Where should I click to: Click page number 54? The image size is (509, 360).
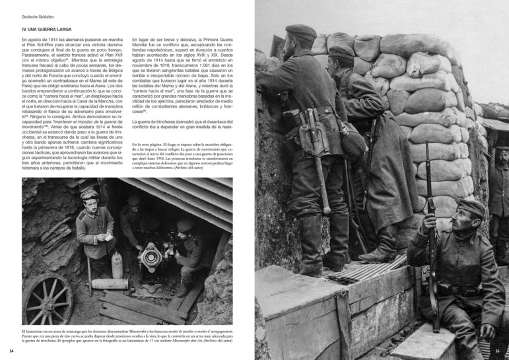[x=12, y=351]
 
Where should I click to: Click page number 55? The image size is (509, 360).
[x=497, y=351]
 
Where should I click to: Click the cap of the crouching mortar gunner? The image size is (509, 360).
[x=186, y=225]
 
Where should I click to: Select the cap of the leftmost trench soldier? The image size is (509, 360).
[x=301, y=31]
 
